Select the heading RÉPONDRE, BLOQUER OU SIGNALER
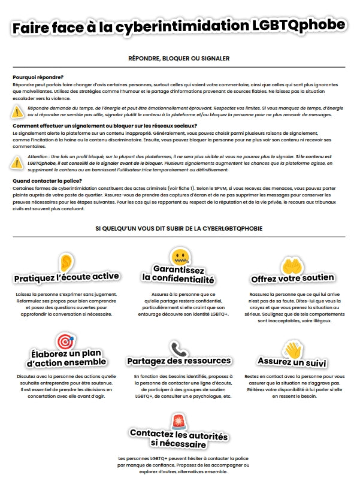click(179, 58)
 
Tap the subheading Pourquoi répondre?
click(38, 77)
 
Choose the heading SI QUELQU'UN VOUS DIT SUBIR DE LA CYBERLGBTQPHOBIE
click(179, 228)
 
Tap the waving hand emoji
click(292, 349)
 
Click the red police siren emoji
click(179, 421)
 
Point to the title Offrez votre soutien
click(292, 279)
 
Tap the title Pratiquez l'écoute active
click(66, 277)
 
